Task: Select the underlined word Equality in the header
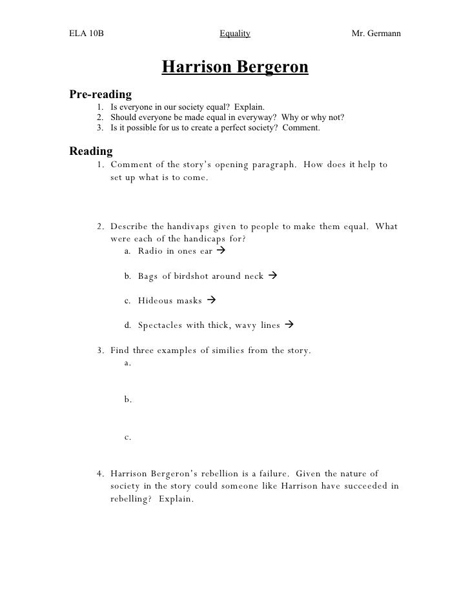click(235, 33)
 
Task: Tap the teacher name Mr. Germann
click(376, 33)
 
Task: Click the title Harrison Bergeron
click(235, 67)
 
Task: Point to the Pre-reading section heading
click(100, 94)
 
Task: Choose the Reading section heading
click(90, 152)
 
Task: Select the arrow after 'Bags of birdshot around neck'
click(272, 276)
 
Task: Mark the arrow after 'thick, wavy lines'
click(289, 325)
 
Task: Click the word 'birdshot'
click(191, 276)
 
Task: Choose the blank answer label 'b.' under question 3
click(128, 400)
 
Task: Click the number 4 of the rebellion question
click(100, 474)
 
